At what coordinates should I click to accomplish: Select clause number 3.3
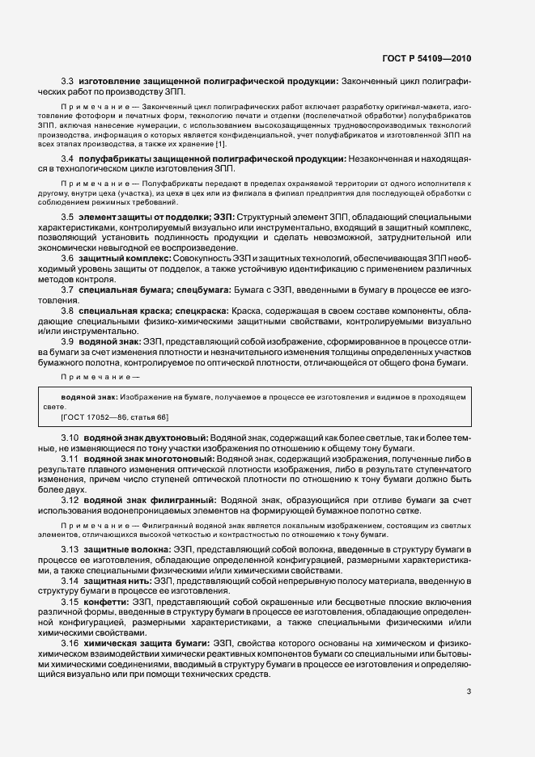(68, 82)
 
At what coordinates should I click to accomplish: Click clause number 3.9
(68, 364)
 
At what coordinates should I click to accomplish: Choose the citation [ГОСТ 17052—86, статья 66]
(114, 417)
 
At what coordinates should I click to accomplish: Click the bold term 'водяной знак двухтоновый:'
(145, 438)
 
